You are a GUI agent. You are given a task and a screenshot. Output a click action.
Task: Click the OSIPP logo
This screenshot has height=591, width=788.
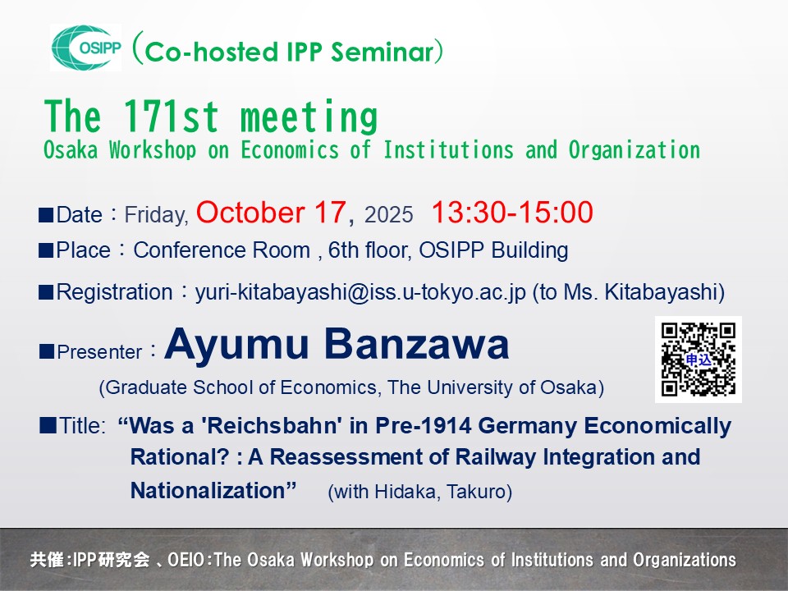86,48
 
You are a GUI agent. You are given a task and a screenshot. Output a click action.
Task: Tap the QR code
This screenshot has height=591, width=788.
698,360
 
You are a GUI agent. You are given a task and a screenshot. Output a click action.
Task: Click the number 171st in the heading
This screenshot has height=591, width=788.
171,117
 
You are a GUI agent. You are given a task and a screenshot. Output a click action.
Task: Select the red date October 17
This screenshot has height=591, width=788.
271,212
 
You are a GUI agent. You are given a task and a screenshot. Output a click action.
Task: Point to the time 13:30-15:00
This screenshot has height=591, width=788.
512,212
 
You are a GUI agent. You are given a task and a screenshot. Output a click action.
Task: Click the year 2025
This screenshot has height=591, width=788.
388,214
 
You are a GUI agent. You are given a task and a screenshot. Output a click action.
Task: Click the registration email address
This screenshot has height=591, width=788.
360,292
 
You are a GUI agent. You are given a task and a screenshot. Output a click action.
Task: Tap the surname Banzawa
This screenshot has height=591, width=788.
417,344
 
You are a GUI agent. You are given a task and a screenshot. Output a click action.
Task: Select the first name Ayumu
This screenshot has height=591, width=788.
236,346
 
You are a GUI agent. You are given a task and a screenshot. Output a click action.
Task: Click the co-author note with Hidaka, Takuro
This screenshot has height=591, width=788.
419,492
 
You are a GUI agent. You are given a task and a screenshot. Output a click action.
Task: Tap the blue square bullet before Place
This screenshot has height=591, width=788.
46,250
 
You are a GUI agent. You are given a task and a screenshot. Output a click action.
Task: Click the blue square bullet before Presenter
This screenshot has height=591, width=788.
46,351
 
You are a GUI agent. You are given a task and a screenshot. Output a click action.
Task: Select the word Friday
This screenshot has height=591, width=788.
156,215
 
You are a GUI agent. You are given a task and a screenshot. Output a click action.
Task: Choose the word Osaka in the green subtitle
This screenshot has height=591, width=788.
71,149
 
